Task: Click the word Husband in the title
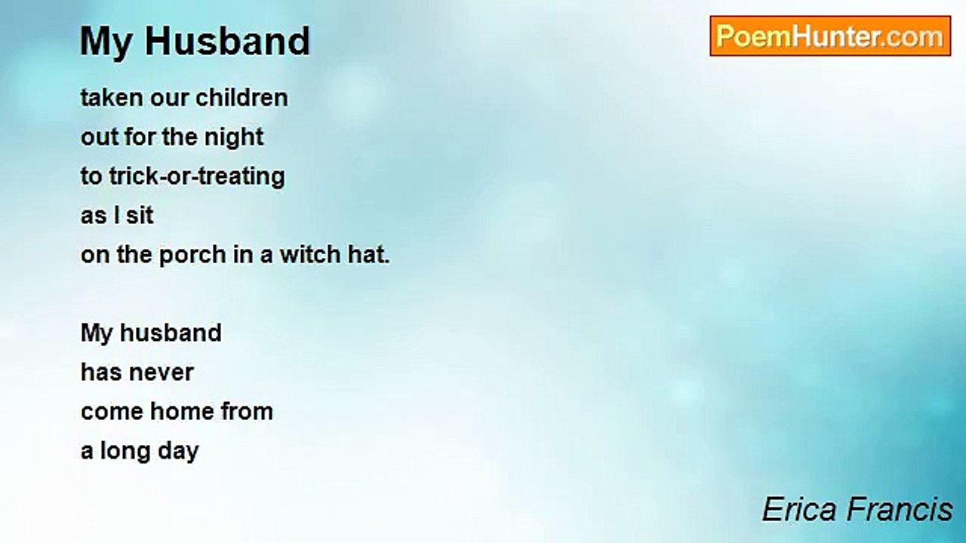click(227, 41)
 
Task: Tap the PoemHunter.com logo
click(830, 36)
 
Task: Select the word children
click(241, 97)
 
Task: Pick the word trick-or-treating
click(197, 177)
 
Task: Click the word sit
click(140, 215)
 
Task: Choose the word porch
click(192, 254)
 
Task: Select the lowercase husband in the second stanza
click(171, 333)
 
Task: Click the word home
click(182, 411)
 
